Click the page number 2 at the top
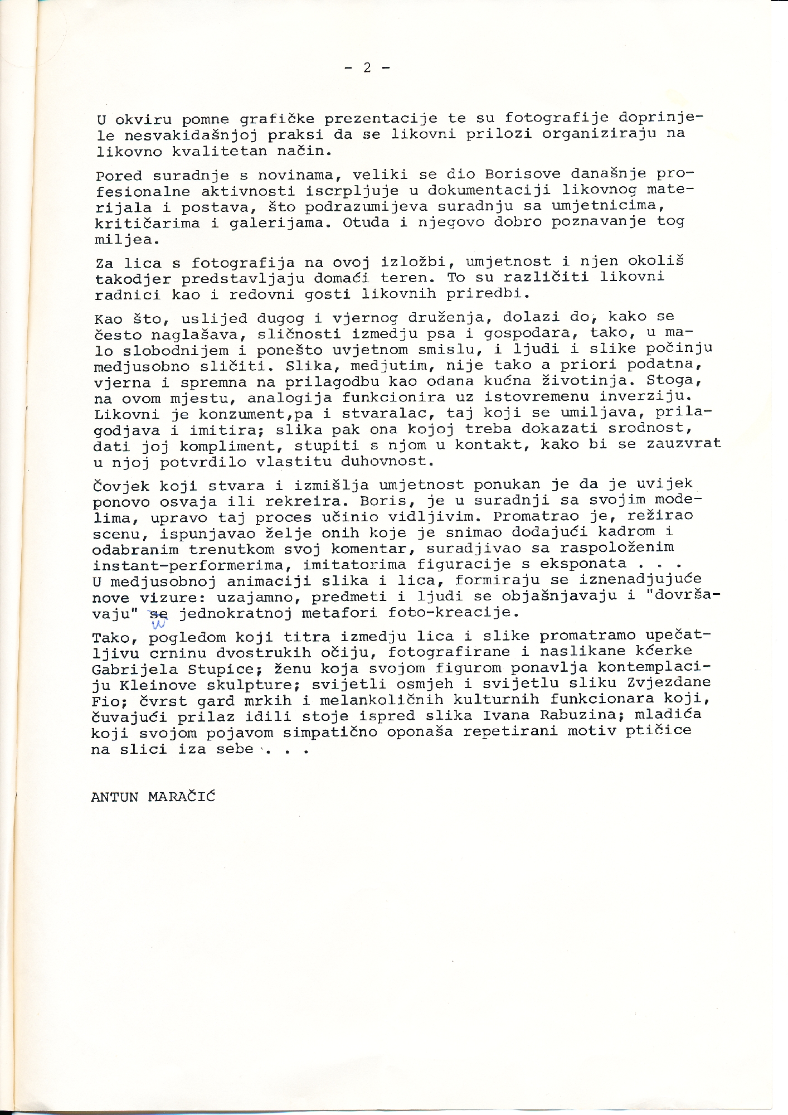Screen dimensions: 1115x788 [x=367, y=67]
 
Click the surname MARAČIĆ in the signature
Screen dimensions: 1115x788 [x=181, y=797]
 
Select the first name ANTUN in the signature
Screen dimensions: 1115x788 [x=115, y=797]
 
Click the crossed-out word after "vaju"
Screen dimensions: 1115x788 [x=158, y=613]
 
